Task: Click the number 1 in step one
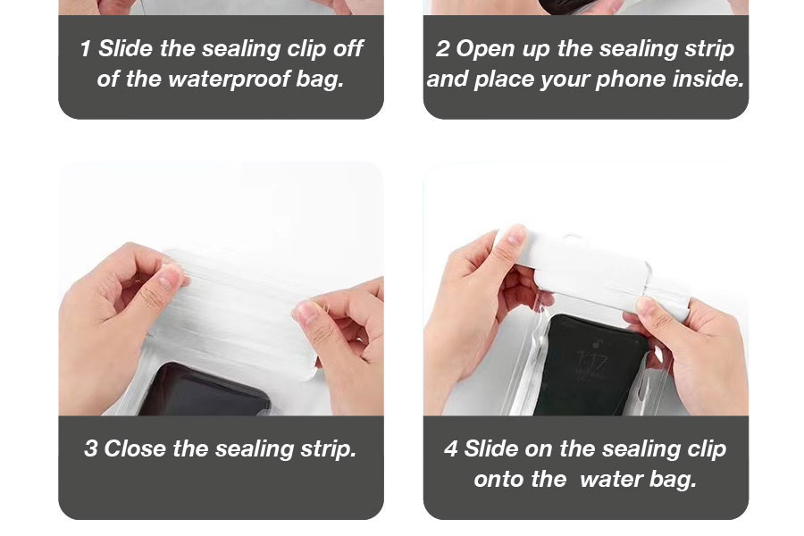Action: (x=85, y=49)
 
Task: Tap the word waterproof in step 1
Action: (x=228, y=79)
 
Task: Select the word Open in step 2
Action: (x=485, y=49)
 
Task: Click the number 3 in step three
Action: (x=90, y=448)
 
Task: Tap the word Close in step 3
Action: (x=135, y=448)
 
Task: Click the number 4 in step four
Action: (x=451, y=448)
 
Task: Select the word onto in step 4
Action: (x=498, y=480)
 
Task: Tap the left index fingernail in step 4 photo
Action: (x=515, y=236)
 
